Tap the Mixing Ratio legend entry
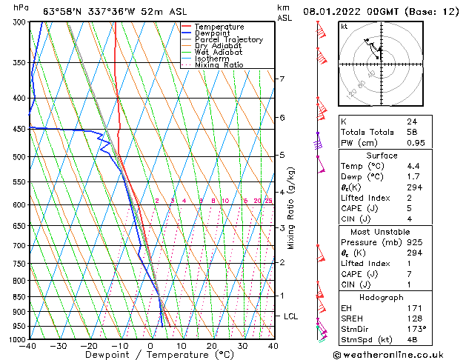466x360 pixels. (219, 65)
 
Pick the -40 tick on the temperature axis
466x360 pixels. (28, 346)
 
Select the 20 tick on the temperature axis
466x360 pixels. (212, 346)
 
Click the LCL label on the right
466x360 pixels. (291, 316)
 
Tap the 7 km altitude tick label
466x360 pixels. (282, 79)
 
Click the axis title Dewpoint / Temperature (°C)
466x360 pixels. (150, 355)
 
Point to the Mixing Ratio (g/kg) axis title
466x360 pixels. (291, 208)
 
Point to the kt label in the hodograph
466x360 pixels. (344, 27)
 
